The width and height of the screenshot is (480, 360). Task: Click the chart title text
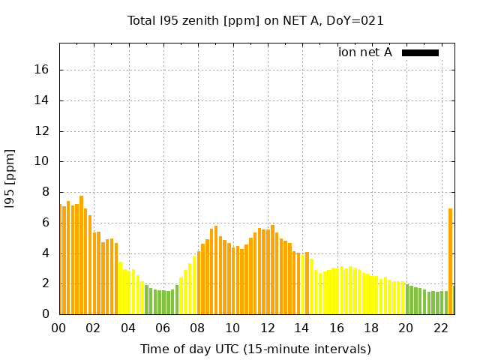click(256, 21)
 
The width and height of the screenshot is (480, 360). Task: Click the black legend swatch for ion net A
click(420, 52)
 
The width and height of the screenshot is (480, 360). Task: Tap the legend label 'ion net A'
click(365, 52)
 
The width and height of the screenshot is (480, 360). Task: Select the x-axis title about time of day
click(256, 349)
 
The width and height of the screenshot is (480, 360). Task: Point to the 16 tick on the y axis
click(42, 70)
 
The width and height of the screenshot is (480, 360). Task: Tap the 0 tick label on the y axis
click(45, 314)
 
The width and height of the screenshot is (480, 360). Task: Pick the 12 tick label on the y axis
click(42, 131)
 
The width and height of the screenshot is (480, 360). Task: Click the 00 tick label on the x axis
click(59, 328)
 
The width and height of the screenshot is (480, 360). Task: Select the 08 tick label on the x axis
click(198, 328)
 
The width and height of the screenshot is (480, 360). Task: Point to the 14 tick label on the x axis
click(302, 328)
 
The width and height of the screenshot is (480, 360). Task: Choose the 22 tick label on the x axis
click(441, 328)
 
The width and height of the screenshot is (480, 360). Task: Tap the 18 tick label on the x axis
click(372, 328)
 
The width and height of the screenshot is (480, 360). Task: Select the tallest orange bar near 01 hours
click(81, 255)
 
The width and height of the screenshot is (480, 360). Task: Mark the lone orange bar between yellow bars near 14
click(307, 283)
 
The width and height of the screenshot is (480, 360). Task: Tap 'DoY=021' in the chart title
click(358, 21)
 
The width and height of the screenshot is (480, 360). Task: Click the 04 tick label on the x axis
click(128, 328)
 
